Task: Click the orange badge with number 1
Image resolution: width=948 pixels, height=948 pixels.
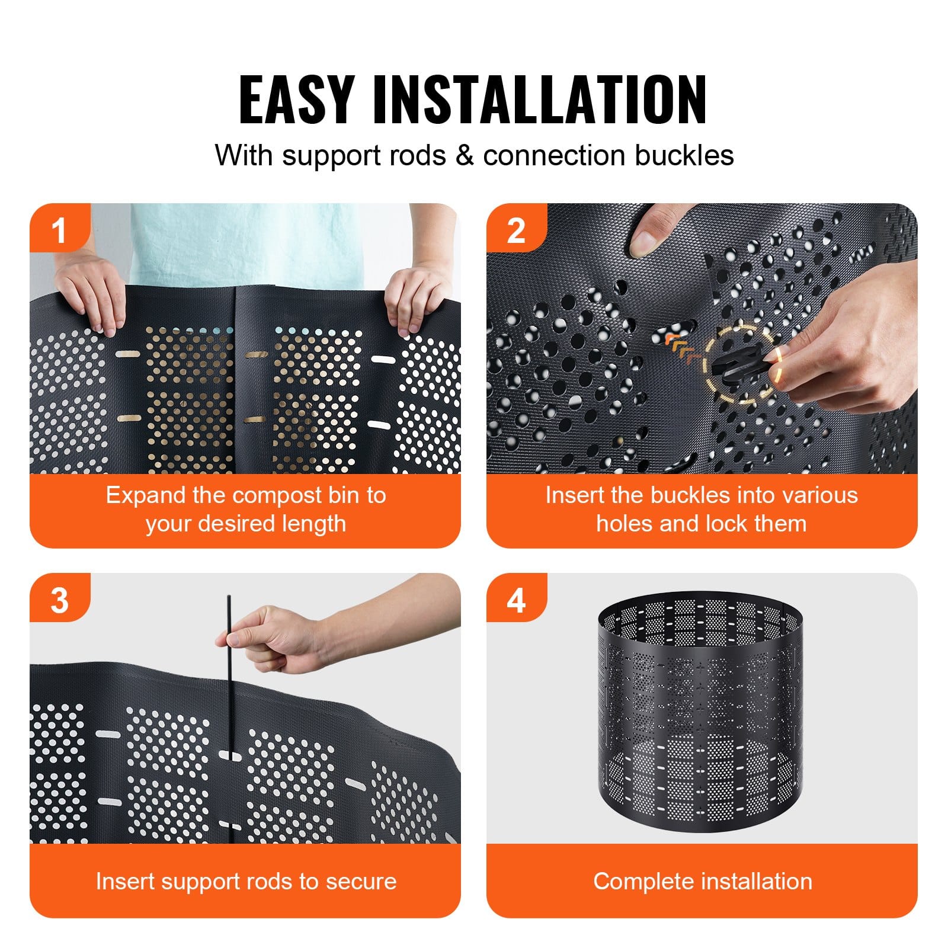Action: (x=59, y=230)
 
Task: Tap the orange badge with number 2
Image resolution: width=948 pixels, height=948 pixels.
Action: (x=515, y=230)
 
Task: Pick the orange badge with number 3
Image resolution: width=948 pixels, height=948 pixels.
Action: (x=59, y=600)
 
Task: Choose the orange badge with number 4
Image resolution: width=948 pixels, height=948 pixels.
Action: (x=515, y=600)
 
